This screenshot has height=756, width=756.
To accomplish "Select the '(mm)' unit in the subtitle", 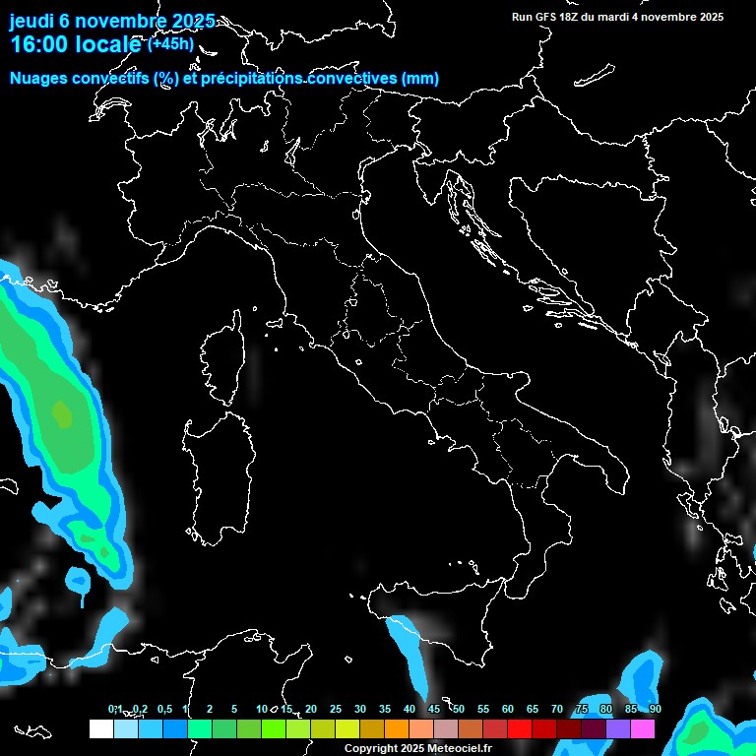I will point(420,79).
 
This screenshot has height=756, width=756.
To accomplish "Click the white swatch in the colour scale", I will point(100,729).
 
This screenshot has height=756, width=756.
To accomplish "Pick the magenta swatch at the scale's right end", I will point(643,729).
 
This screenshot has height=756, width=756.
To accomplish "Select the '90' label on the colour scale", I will point(655,710).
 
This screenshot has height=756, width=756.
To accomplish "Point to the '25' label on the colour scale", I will point(336,710).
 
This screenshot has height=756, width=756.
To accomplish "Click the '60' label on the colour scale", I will point(508,710).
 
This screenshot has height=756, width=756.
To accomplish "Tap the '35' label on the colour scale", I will point(385,710).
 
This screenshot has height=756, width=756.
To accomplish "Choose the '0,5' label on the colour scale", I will point(164,710).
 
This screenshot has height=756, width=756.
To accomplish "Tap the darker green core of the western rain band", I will point(62,414).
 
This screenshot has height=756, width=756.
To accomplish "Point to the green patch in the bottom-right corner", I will point(700,730).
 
